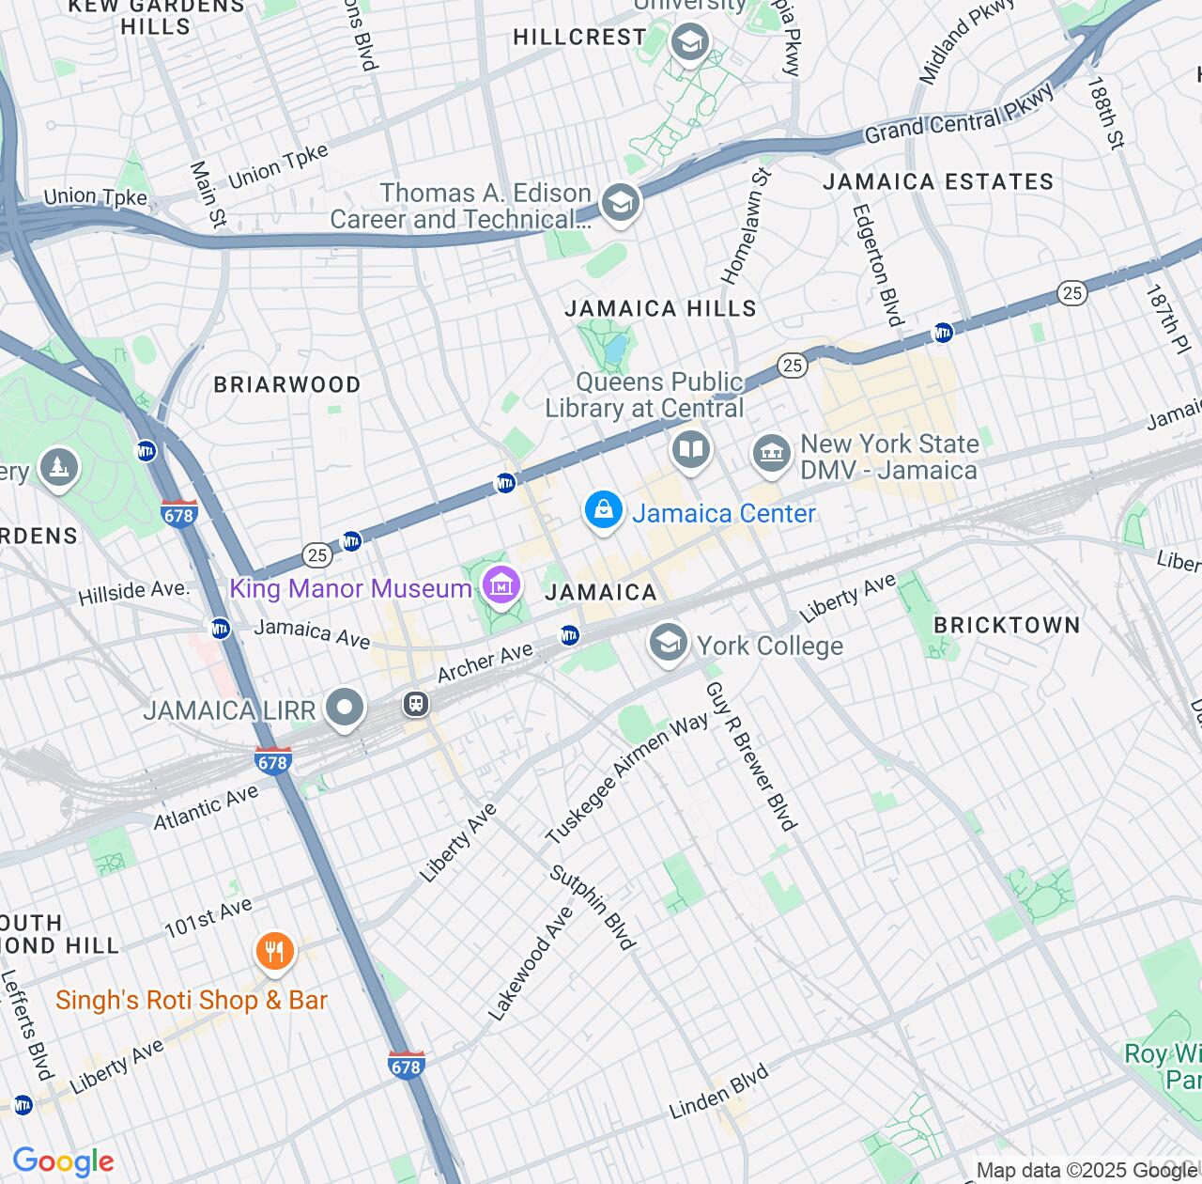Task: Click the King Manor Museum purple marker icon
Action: tap(502, 586)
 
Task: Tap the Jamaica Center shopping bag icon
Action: tap(603, 511)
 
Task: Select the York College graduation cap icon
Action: tap(668, 644)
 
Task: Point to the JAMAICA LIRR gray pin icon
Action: tap(345, 708)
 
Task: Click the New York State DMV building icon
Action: tap(772, 455)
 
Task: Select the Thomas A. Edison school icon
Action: tap(620, 202)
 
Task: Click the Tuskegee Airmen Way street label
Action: tap(626, 778)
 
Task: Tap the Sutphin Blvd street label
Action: tap(593, 907)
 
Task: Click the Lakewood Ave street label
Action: tap(531, 963)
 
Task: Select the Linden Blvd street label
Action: tap(718, 1092)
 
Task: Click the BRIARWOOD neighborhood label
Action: tap(287, 384)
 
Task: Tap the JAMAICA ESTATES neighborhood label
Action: tap(938, 181)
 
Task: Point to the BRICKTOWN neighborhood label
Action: tap(1007, 625)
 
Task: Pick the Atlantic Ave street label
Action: tap(206, 807)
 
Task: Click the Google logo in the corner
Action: tap(63, 1161)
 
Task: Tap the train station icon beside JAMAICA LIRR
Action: tap(416, 703)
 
